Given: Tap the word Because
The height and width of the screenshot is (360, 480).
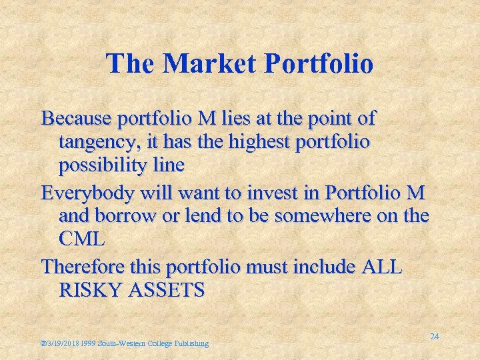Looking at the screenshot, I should (x=76, y=119).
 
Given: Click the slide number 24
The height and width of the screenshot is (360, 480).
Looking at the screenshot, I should (x=434, y=337).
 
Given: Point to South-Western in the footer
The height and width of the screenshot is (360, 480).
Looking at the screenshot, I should (x=122, y=343).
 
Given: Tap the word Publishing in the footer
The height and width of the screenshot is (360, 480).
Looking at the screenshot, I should (x=191, y=343).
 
